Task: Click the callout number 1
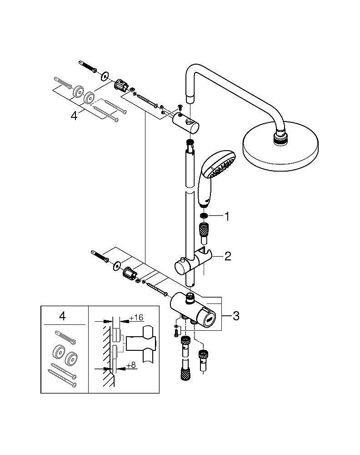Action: (226, 217)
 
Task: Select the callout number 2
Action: (227, 257)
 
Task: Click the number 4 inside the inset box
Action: (62, 316)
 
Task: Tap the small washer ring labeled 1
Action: (204, 216)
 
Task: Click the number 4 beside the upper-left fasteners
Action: (74, 116)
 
